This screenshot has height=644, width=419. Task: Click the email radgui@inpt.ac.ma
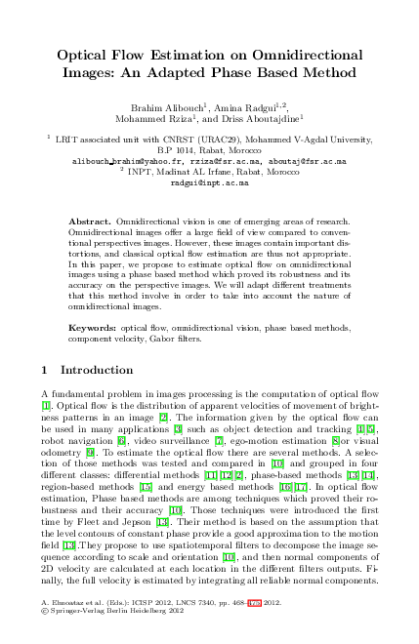tap(209, 182)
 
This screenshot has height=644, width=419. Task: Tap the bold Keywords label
tap(94, 330)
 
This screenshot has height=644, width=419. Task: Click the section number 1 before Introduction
tap(47, 371)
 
